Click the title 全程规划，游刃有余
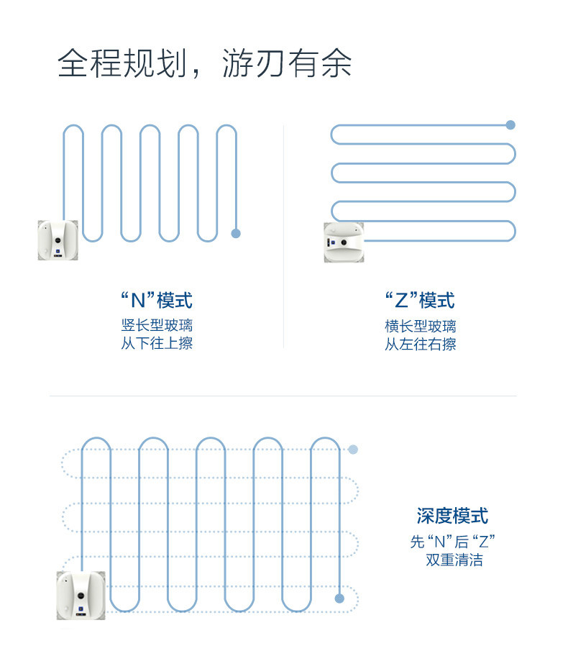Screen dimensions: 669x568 point(204,63)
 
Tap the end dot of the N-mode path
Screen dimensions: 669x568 point(235,233)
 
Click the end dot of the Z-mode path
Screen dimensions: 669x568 point(510,125)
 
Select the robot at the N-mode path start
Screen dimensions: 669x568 point(58,240)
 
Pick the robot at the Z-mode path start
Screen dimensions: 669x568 point(344,242)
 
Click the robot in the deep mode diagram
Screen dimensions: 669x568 point(81,595)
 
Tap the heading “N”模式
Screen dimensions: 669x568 point(156,300)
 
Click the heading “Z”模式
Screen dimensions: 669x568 point(420,300)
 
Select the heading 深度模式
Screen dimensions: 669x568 point(452,516)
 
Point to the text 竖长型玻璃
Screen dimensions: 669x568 point(157,325)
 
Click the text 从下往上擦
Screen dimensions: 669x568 point(157,344)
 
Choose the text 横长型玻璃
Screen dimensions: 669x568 point(420,326)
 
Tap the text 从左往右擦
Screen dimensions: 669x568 point(420,345)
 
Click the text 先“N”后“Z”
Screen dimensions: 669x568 point(452,542)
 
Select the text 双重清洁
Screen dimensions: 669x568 point(454,560)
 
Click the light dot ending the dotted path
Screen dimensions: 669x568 point(353,450)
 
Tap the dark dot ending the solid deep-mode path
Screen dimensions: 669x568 point(339,598)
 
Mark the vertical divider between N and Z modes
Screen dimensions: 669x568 point(283,237)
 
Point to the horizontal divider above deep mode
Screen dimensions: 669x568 point(283,396)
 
